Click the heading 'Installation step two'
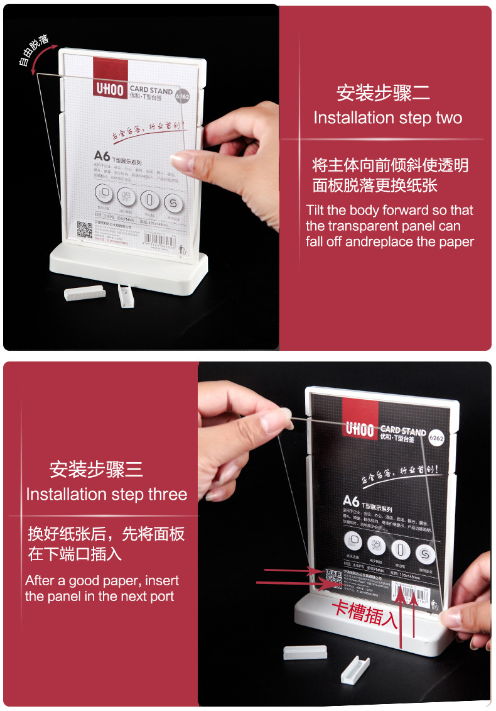pyautogui.click(x=387, y=118)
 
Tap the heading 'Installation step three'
pyautogui.click(x=106, y=494)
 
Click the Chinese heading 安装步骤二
pyautogui.click(x=383, y=93)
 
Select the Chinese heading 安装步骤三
pyautogui.click(x=96, y=469)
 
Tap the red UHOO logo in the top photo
pyautogui.click(x=109, y=79)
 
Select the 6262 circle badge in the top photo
pyautogui.click(x=183, y=97)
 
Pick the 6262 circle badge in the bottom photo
pyautogui.click(x=437, y=438)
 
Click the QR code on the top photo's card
pyautogui.click(x=85, y=230)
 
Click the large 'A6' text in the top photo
pyautogui.click(x=102, y=155)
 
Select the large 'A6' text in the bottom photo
pyautogui.click(x=351, y=501)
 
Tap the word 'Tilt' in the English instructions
pyautogui.click(x=315, y=211)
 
